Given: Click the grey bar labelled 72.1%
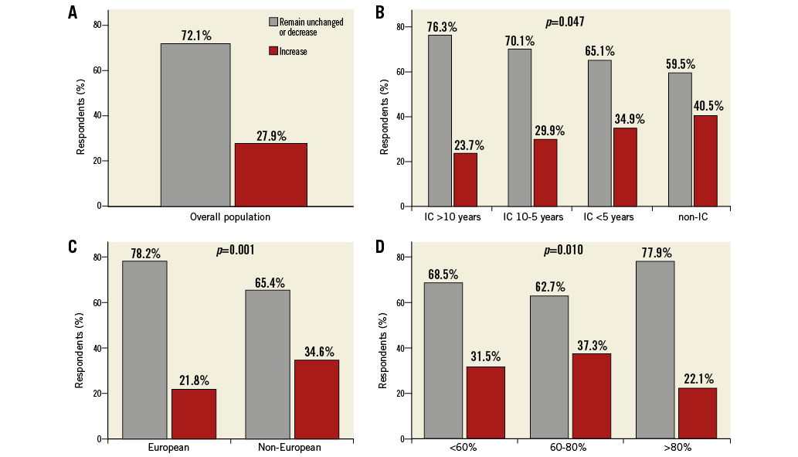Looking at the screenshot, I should coord(195,124).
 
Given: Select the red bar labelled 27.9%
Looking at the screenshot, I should coord(271,175).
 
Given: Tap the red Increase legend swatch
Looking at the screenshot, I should coord(273,52).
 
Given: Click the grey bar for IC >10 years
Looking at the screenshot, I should coord(440,121).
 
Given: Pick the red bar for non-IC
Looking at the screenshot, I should coord(705,161).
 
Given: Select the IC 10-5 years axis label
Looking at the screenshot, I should coord(533,217).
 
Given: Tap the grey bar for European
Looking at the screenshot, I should coord(144,350).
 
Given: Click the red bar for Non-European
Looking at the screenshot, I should coord(316,399).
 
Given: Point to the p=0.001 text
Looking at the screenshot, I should coord(235,251).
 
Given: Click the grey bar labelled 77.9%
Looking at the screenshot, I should coord(655,350).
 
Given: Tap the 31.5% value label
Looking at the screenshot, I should coord(485,356).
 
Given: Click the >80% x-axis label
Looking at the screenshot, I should coord(677,448).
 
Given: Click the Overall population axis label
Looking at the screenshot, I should coord(230,217).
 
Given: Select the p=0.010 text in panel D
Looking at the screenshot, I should coord(564,251).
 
